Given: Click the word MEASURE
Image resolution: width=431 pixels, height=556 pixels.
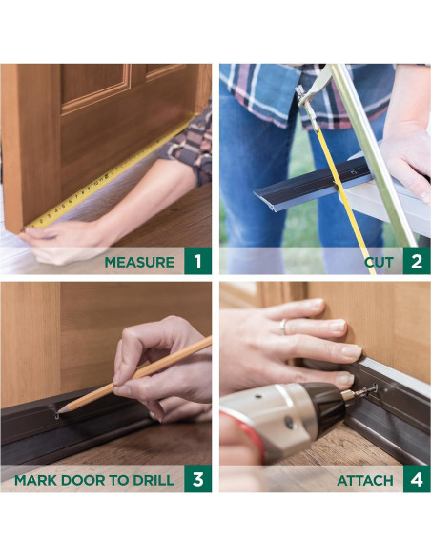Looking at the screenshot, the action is [139, 262].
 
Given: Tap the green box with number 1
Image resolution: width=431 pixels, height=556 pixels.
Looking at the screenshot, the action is [197, 261].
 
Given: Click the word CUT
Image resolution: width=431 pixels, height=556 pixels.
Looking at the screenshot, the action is [380, 263].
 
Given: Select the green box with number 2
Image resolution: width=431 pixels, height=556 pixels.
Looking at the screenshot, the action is [417, 261].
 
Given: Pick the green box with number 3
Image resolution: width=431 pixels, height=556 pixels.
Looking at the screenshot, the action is [197, 479].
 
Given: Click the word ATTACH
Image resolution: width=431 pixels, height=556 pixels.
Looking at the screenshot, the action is [365, 481].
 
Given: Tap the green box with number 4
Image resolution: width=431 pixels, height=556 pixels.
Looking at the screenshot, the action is [417, 479].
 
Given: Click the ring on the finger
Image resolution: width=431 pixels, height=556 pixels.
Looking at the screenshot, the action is [282, 327].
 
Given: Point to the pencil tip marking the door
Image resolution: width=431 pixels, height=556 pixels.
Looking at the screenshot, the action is [59, 411].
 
